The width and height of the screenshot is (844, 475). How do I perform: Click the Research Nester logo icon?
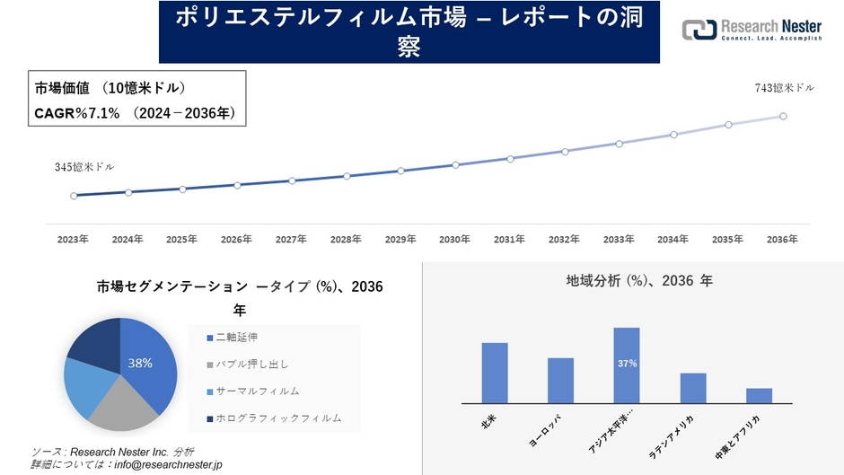(699, 30)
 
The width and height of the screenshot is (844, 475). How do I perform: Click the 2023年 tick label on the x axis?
(73, 240)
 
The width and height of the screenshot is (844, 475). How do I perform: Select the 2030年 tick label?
(455, 240)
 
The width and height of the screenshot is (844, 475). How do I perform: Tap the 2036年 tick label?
(783, 240)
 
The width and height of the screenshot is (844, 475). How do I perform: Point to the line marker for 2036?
(784, 116)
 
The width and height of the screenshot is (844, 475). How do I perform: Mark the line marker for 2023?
(74, 195)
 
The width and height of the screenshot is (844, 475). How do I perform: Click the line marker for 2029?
(401, 171)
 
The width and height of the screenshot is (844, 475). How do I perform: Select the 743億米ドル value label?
(785, 87)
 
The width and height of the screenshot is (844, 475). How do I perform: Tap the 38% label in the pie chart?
(140, 363)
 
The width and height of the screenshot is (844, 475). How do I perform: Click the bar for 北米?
(495, 374)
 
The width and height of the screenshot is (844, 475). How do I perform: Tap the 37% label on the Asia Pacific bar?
(627, 364)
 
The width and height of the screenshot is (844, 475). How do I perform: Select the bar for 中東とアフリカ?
(759, 396)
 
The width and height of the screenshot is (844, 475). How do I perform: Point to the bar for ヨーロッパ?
(560, 381)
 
